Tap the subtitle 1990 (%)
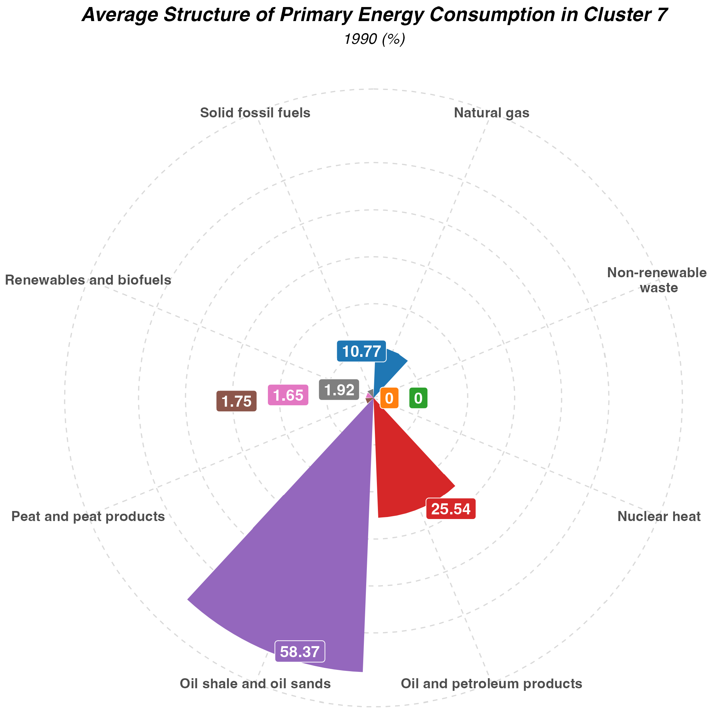point(375,39)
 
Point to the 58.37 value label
point(300,651)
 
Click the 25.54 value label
point(451,509)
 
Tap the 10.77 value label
point(362,351)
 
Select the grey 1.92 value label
point(339,390)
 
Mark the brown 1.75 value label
point(236,401)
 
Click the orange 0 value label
point(389,398)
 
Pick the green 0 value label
point(418,398)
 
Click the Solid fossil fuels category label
point(255,113)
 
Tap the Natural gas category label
point(492,113)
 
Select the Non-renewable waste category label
point(657,280)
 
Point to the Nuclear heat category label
point(659,516)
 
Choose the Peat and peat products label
point(88,516)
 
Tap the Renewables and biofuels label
point(88,280)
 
